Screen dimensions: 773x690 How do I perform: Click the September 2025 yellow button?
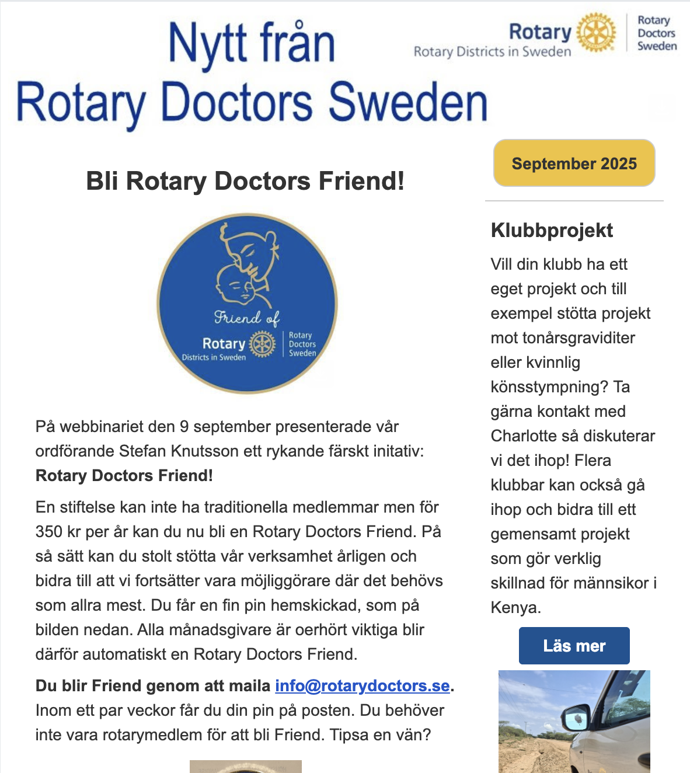[574, 163]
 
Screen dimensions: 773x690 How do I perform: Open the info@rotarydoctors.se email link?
[362, 685]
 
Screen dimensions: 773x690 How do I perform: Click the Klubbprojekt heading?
[552, 230]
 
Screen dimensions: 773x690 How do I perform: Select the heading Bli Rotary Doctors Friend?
[245, 181]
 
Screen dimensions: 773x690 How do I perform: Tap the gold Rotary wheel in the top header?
[596, 32]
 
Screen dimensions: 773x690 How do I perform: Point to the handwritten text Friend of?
[246, 318]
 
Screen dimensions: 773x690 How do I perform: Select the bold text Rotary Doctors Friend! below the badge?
[124, 476]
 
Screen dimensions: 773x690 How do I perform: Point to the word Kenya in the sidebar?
[514, 608]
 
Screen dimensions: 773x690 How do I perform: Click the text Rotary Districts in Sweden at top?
[492, 52]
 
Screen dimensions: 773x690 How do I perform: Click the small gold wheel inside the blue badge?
[262, 344]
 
